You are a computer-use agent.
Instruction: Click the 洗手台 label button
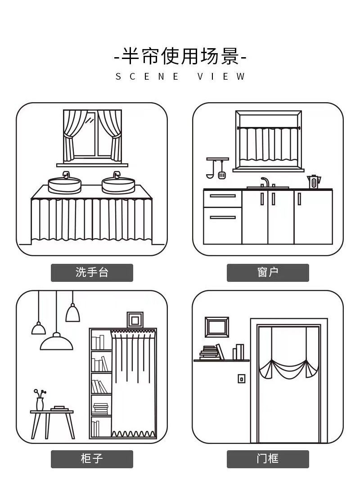pos(92,272)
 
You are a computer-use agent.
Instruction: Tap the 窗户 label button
pos(268,272)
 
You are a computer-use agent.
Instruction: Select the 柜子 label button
pos(92,459)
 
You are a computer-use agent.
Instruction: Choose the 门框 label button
pos(268,459)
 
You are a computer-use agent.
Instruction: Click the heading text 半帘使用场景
pos(180,57)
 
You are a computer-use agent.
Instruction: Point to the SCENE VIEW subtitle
pos(180,77)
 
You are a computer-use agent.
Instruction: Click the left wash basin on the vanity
pos(65,184)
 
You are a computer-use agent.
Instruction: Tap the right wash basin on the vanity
pos(118,184)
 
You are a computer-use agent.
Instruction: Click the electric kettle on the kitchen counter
pos(314,182)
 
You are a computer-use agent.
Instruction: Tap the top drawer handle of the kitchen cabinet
pos(223,196)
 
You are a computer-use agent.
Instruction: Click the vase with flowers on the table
pos(40,400)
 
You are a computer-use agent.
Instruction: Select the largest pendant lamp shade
pos(57,342)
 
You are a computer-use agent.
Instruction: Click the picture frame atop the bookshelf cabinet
pos(135,320)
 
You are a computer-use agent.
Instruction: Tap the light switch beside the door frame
pos(241,379)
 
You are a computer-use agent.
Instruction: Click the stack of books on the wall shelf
pos(209,353)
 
